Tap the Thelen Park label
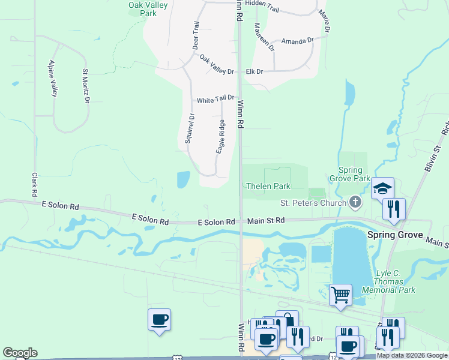[268, 186]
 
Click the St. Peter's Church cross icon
[355, 203]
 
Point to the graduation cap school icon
[382, 188]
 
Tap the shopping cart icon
[340, 295]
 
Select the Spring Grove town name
[395, 234]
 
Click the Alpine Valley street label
[53, 79]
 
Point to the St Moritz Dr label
[86, 86]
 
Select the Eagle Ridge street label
[221, 136]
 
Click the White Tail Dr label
[215, 98]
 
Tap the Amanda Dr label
[298, 41]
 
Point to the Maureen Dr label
[264, 37]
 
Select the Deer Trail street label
[195, 35]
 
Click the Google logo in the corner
[20, 353]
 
